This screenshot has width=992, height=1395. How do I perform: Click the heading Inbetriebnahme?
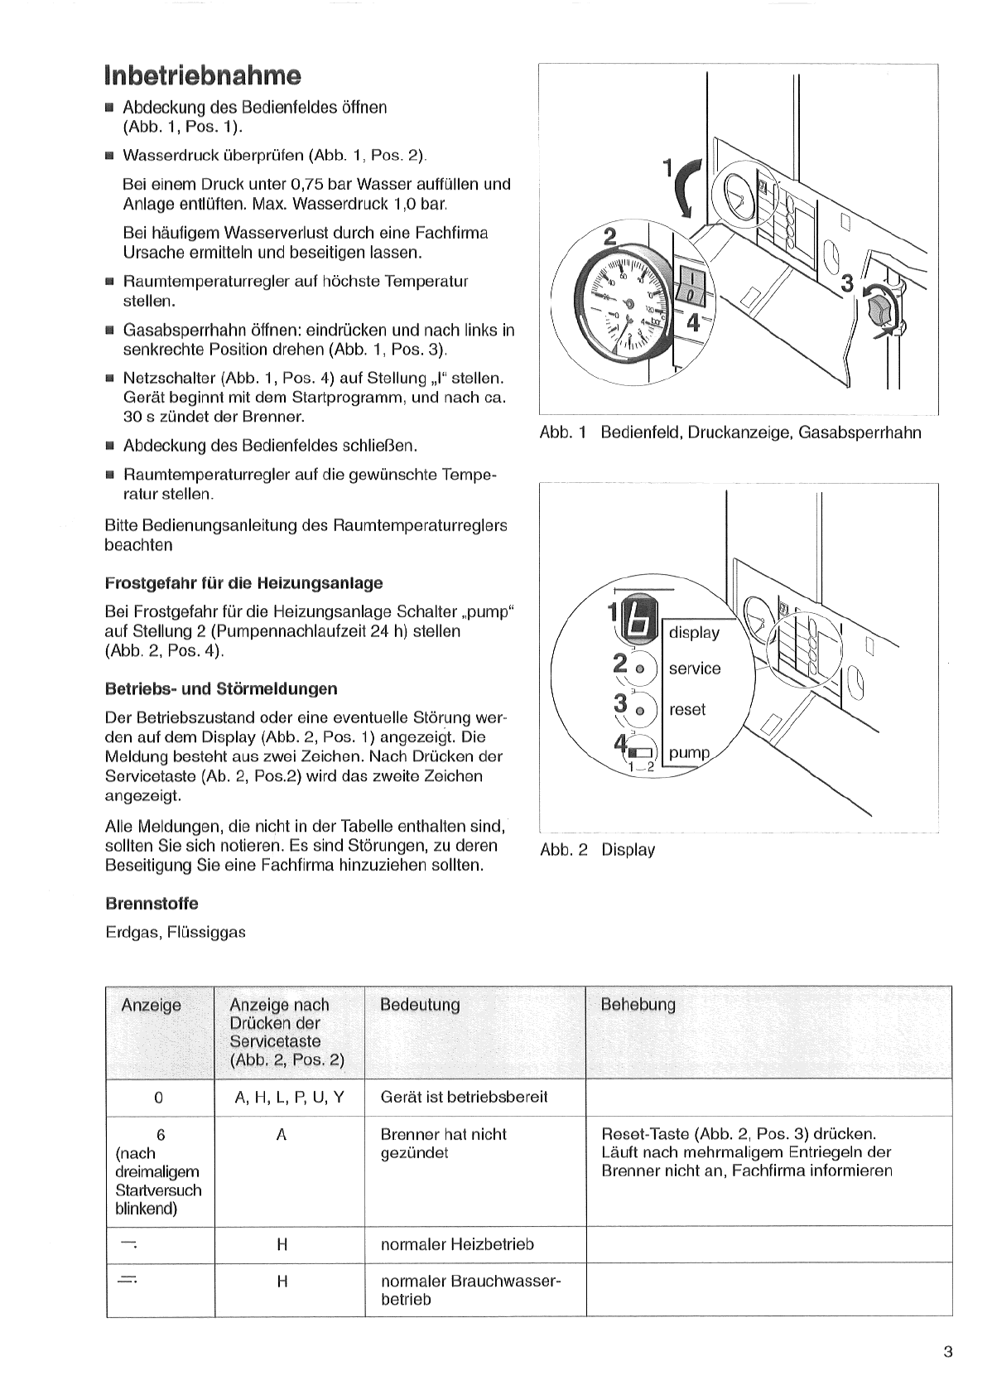(x=202, y=75)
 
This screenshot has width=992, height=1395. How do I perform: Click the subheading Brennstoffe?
(x=152, y=903)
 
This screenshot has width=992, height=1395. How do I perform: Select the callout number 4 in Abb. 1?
(x=693, y=324)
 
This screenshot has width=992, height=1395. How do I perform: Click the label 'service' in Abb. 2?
(x=695, y=669)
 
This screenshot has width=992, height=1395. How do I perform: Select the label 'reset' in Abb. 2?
(x=688, y=710)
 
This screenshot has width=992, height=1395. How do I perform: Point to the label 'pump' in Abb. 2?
(x=690, y=753)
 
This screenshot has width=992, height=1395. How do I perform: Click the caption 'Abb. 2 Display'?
(x=597, y=850)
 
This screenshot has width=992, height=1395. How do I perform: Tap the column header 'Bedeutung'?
(x=420, y=1005)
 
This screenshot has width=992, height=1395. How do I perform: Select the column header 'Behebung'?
(x=638, y=1005)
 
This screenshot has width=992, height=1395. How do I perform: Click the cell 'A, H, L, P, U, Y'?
(x=289, y=1098)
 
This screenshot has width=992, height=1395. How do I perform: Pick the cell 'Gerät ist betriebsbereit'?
(x=464, y=1098)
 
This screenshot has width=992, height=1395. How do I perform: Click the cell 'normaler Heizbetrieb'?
(x=457, y=1244)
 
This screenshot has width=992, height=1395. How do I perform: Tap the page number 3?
(x=947, y=1353)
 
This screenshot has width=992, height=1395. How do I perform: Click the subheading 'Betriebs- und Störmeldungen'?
(x=221, y=688)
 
